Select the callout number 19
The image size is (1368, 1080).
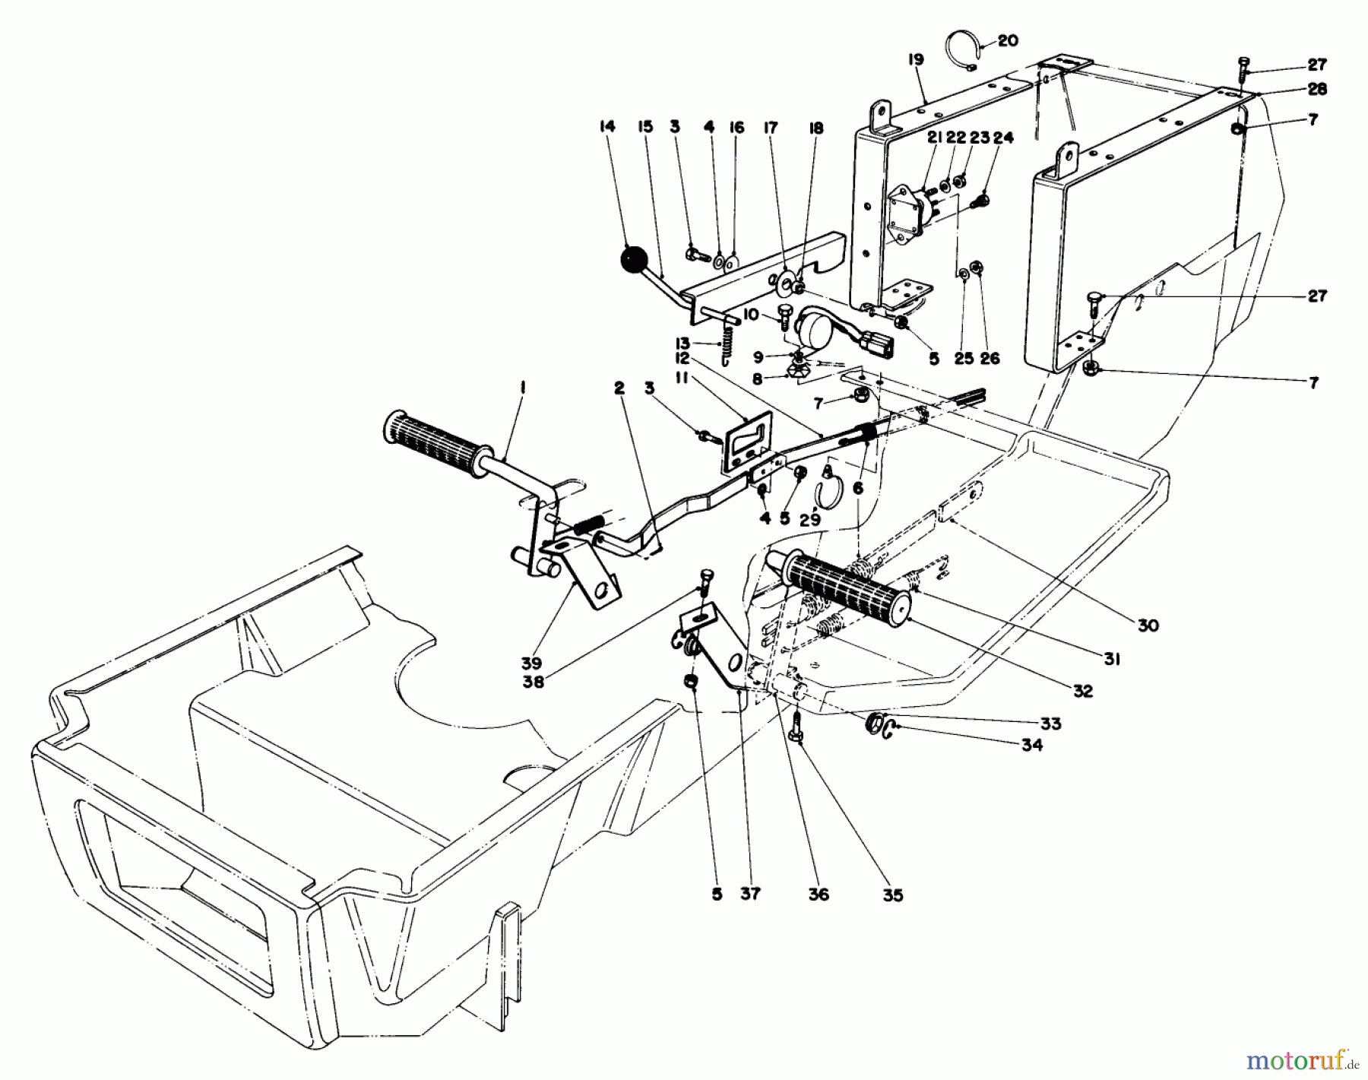pos(915,59)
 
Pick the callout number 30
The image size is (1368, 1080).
pos(1148,625)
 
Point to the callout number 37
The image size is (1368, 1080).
pos(750,895)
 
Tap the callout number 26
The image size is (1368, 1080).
pos(990,358)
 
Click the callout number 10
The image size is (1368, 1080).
pos(751,314)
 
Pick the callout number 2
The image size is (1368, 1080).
pos(619,389)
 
